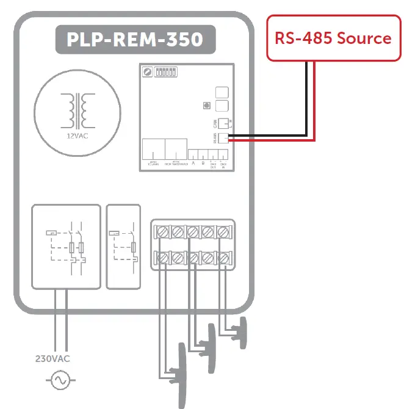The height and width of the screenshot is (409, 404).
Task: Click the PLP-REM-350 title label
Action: point(134,40)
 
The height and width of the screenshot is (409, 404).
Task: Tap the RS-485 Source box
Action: point(333,38)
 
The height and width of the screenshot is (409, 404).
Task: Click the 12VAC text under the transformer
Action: point(77,136)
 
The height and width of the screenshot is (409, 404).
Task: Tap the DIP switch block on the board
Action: point(167,72)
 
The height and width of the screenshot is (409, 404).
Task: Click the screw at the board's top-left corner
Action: point(148,72)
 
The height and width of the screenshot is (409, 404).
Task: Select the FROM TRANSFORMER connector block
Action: point(175,150)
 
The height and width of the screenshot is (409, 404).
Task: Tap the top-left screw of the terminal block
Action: point(164,232)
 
